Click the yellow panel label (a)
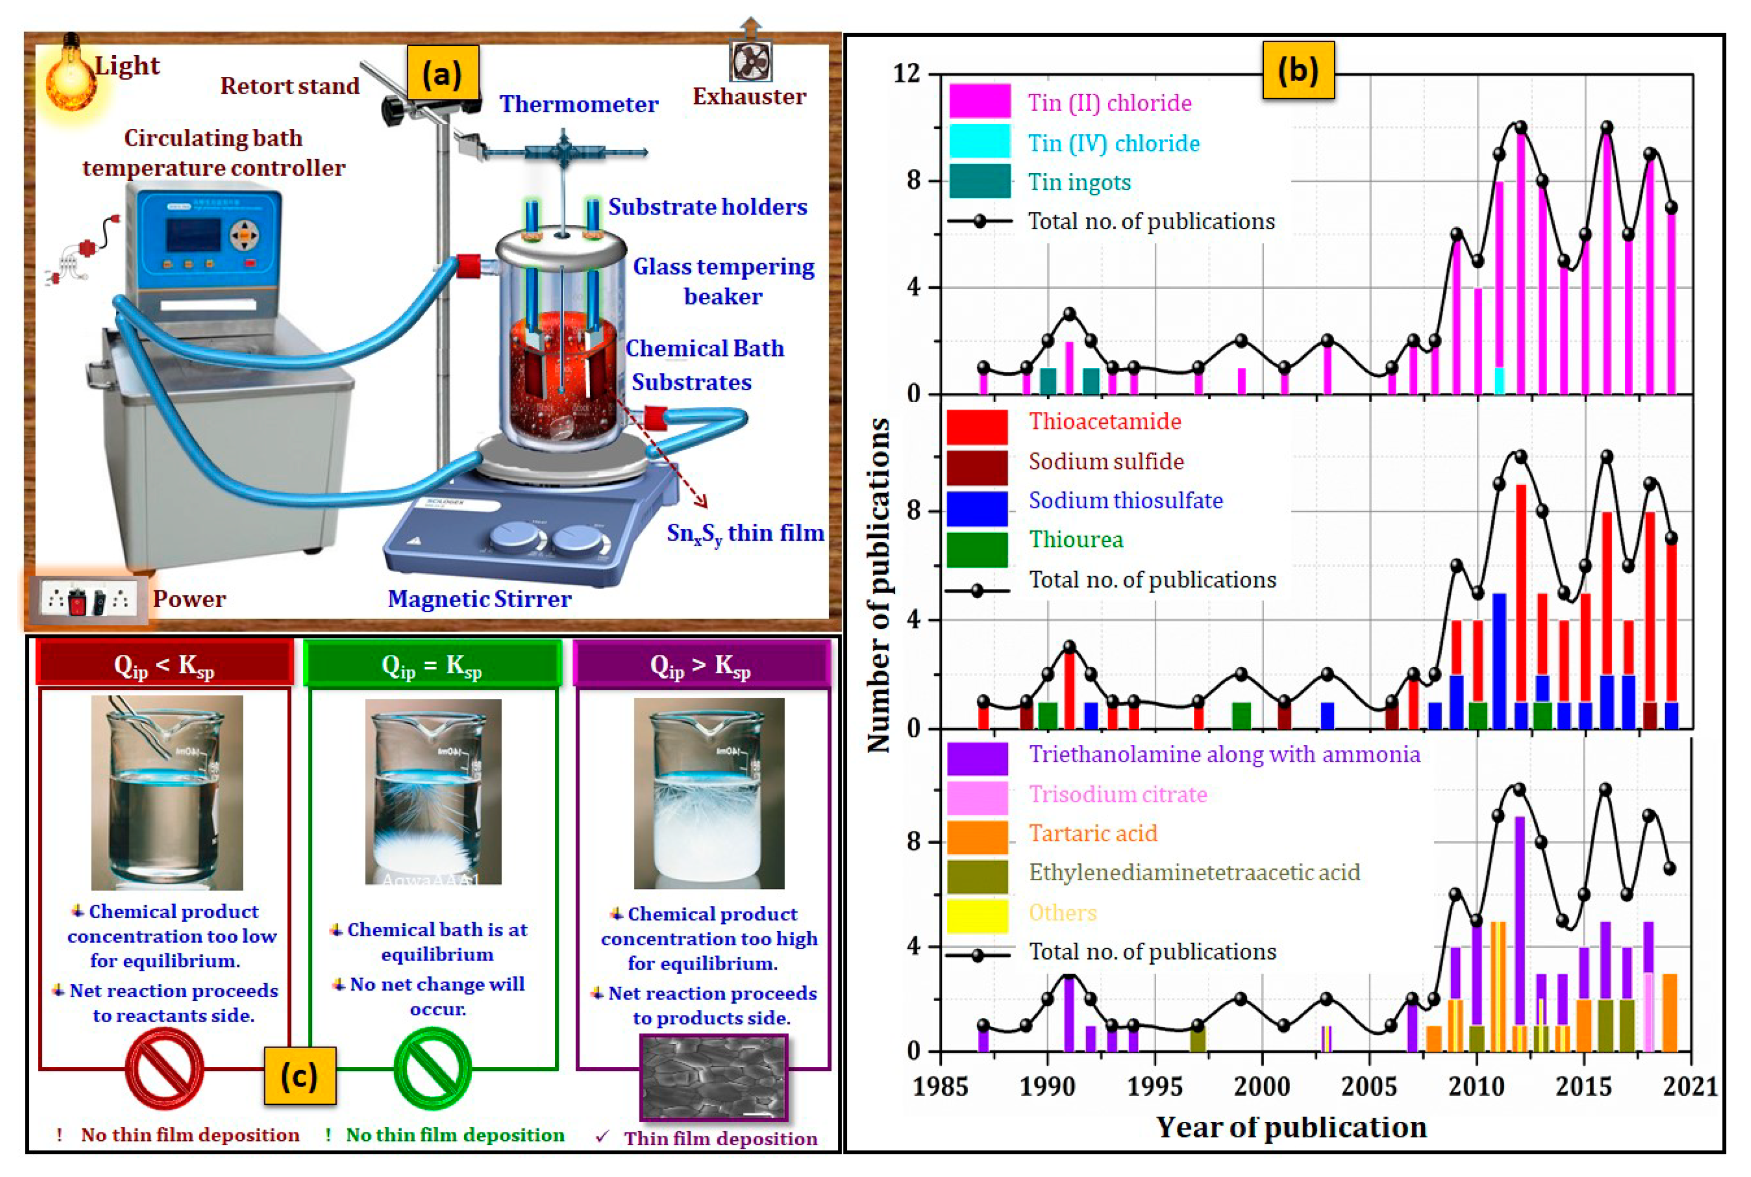tap(442, 73)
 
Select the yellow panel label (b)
tap(1298, 70)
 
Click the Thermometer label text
tap(579, 104)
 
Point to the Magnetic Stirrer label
tap(479, 599)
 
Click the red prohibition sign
tap(164, 1068)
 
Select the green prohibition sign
tap(432, 1068)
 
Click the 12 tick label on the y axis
tap(906, 73)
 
